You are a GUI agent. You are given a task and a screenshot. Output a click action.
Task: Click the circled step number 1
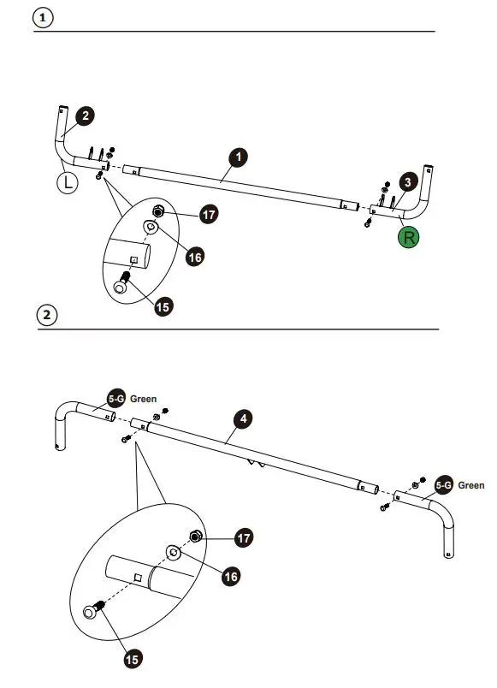click(44, 18)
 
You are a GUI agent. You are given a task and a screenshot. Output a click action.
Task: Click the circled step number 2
click(47, 315)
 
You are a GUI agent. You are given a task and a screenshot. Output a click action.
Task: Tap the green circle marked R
click(410, 237)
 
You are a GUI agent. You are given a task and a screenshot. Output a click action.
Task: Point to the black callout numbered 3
click(409, 181)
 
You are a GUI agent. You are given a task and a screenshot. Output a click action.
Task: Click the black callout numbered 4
click(244, 418)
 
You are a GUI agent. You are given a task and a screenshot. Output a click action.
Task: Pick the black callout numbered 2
click(86, 116)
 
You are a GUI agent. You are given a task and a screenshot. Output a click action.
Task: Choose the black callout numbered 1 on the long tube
click(240, 157)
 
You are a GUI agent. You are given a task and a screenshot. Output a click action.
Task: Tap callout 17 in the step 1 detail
click(208, 214)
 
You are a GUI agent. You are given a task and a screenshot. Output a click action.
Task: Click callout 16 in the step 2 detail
click(230, 576)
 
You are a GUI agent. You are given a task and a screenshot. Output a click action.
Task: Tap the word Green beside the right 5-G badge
click(471, 485)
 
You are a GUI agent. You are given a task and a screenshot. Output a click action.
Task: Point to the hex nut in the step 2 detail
click(194, 537)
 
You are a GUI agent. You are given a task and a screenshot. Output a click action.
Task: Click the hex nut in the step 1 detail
click(158, 211)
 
